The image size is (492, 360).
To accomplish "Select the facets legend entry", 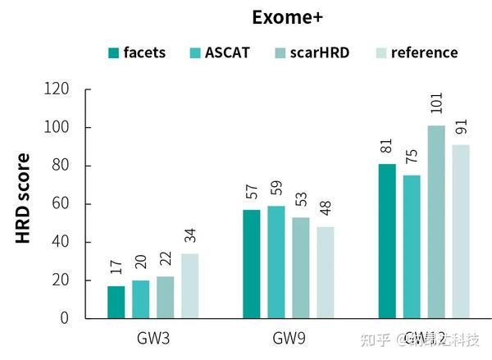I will click(x=137, y=52).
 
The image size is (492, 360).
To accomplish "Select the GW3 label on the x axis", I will click(x=153, y=338).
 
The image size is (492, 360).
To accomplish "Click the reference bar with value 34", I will click(x=189, y=285).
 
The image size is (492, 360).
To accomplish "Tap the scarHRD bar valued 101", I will click(x=436, y=221).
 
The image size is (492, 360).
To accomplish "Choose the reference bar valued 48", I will click(x=326, y=272).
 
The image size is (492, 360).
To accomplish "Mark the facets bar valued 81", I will click(x=387, y=241).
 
